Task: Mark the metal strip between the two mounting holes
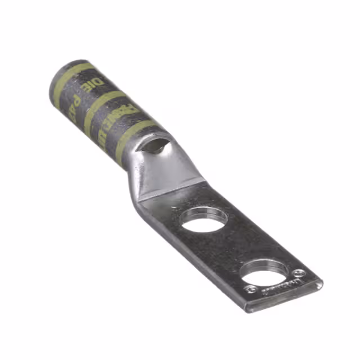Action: pos(231,247)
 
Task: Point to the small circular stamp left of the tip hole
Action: pos(251,289)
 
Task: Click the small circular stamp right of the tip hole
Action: pos(300,273)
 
